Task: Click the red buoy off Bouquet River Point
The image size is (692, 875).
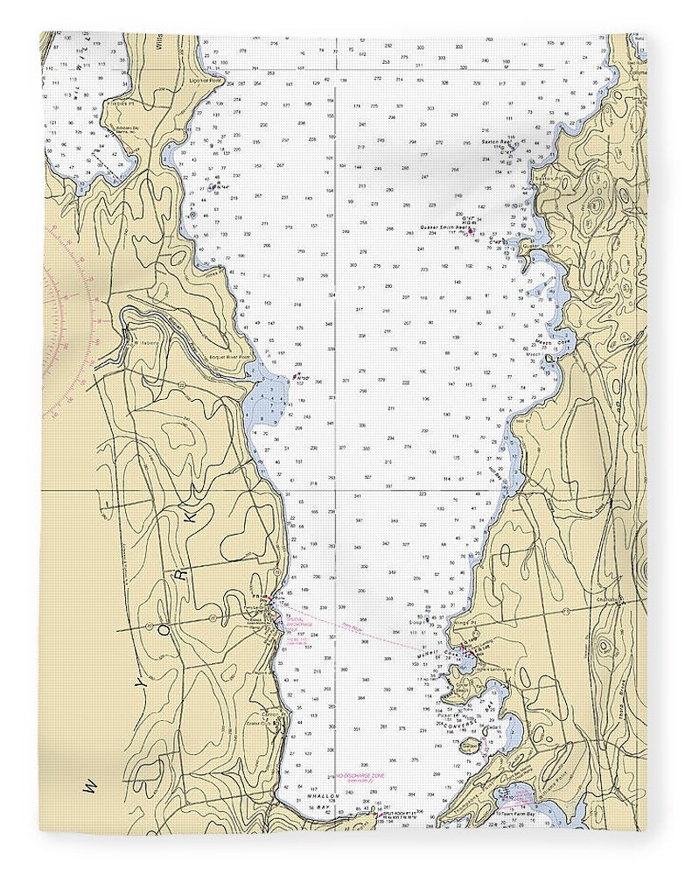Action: coord(294,378)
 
